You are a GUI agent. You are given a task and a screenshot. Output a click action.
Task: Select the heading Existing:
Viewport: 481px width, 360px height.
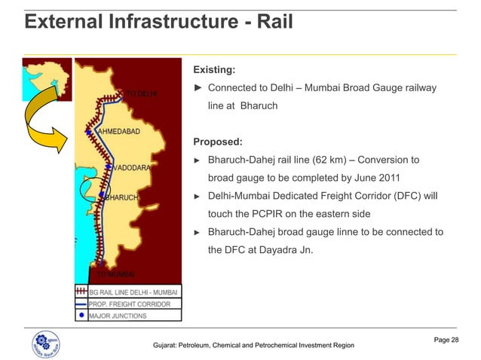(x=215, y=70)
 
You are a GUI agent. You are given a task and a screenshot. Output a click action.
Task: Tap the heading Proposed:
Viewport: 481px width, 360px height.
(x=218, y=142)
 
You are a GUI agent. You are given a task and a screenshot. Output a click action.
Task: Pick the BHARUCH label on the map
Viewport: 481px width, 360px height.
(x=121, y=198)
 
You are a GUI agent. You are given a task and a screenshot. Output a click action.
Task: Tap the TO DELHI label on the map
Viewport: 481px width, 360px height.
(x=142, y=94)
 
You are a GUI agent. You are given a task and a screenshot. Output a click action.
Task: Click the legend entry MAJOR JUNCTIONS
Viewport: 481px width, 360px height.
(x=118, y=316)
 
